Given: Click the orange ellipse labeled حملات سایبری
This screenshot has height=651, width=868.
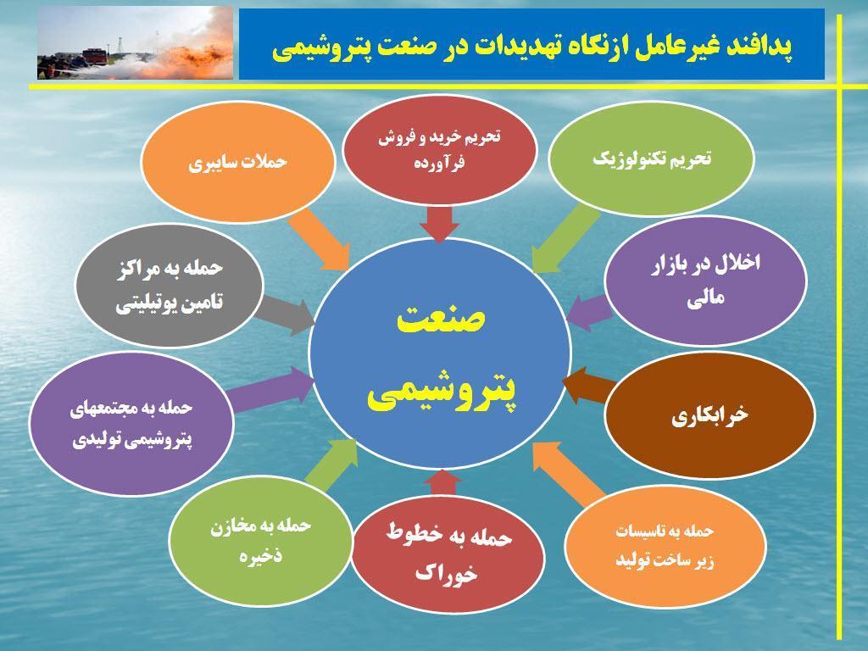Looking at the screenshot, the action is point(238,162).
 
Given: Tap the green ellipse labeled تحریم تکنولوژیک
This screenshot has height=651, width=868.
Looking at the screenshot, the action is point(651,158).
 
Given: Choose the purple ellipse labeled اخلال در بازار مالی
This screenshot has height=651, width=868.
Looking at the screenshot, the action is point(705,280).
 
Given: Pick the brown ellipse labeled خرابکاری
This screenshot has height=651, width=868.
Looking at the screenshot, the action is point(709,415).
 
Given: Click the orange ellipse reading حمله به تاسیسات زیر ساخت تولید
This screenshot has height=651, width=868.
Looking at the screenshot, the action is point(665,546).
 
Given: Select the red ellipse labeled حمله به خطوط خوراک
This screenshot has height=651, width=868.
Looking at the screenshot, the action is point(448,554).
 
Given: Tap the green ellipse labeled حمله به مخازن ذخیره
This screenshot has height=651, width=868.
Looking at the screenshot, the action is point(260,540).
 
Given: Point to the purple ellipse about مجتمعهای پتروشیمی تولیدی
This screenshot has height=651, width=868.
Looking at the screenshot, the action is point(131,424).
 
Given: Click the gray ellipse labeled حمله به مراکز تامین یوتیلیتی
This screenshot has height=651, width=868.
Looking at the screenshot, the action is point(169,285).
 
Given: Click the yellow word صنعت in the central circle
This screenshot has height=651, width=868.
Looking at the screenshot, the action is point(441,319).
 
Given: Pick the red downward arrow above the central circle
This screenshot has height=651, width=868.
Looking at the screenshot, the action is point(440,224).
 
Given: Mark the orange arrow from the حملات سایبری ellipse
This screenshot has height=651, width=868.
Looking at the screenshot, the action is point(320,240).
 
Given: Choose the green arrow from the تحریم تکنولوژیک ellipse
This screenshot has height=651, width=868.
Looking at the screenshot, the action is point(565,238).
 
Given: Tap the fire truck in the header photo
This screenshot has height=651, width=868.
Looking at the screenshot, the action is point(93,57).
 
